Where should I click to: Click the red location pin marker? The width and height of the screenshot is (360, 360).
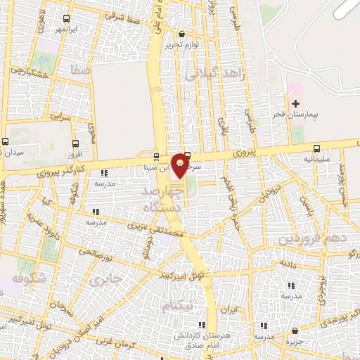(x=181, y=165)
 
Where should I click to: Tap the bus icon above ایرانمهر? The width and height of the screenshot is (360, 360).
(x=66, y=20)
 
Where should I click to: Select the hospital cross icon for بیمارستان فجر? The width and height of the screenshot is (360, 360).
(x=296, y=103)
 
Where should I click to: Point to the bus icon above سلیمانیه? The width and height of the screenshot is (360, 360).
(x=317, y=148)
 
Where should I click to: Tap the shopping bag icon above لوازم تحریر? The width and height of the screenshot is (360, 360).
(x=182, y=34)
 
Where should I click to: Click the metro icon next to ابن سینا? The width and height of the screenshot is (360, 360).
(x=156, y=156)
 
